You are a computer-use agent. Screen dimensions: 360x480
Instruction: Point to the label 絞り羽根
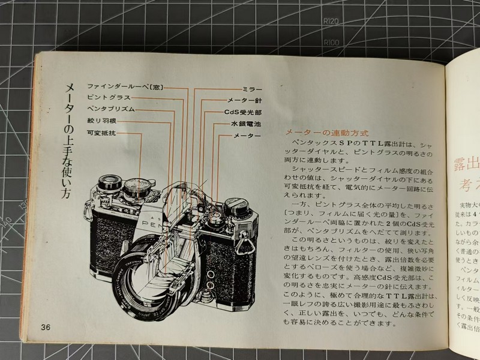[101, 122]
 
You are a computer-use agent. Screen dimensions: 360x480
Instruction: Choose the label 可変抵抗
[101, 133]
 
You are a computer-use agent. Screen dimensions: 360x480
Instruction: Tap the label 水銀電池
[246, 124]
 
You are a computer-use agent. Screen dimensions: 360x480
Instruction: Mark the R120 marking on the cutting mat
[331, 22]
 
